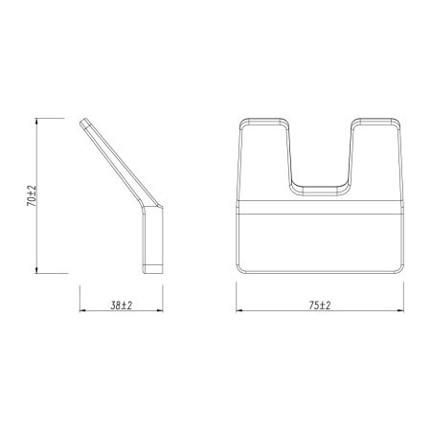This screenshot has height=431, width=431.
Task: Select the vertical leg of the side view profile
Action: tap(156, 239)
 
